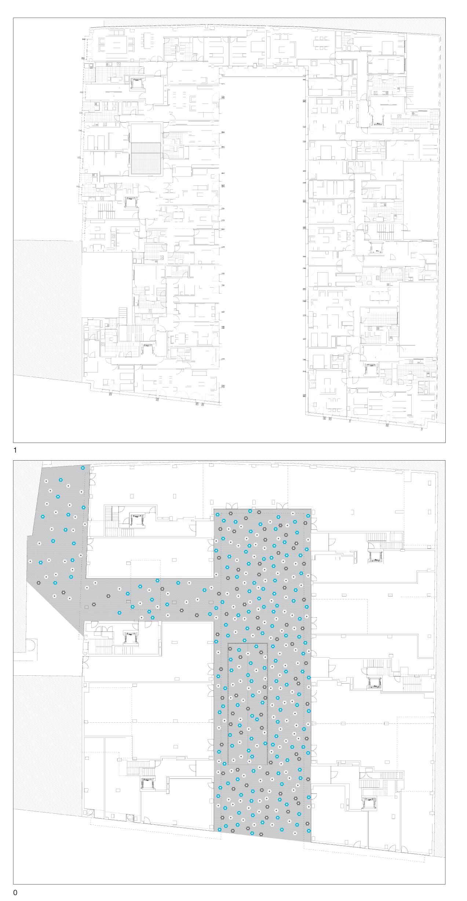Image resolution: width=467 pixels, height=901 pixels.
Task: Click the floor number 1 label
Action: pyautogui.click(x=15, y=450)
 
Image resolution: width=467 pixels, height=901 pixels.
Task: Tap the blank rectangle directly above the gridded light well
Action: pyautogui.click(x=146, y=132)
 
